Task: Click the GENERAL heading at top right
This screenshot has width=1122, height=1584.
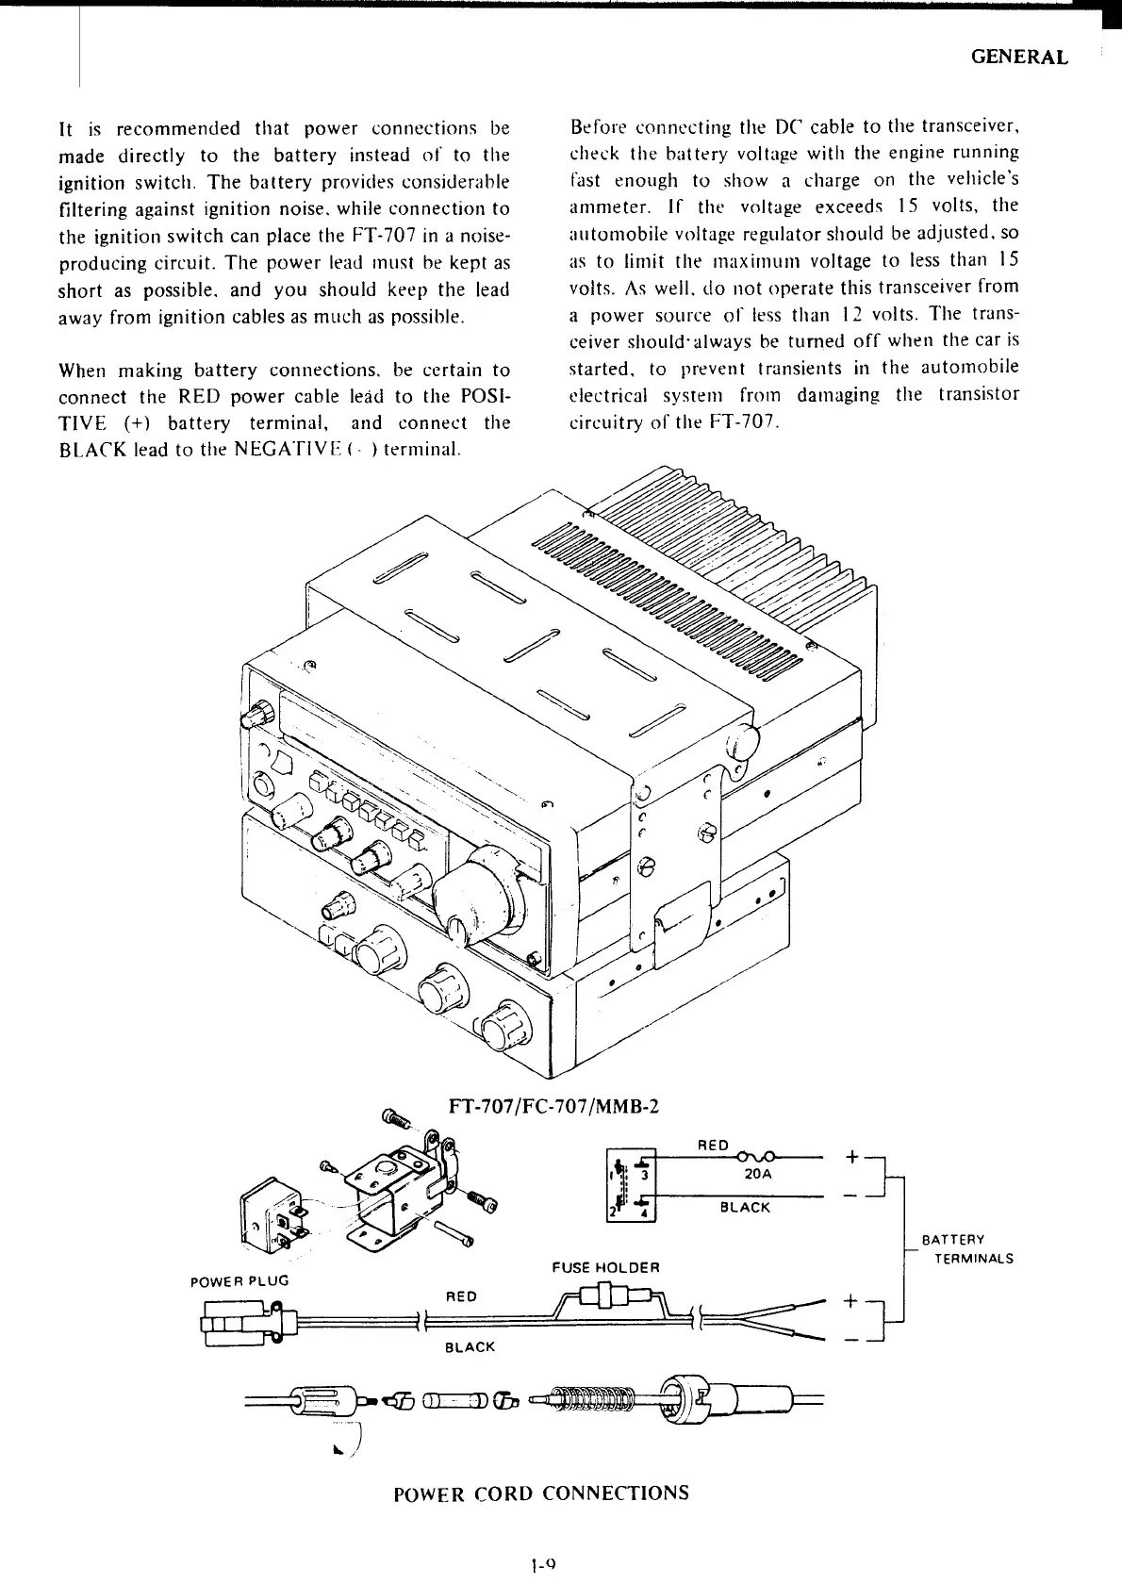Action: [1019, 57]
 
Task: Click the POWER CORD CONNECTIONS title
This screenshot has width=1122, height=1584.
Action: [540, 1493]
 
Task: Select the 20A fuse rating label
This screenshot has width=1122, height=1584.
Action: [757, 1174]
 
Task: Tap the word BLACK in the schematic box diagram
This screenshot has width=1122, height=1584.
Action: [745, 1207]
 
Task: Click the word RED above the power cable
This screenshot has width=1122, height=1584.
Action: [460, 1295]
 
